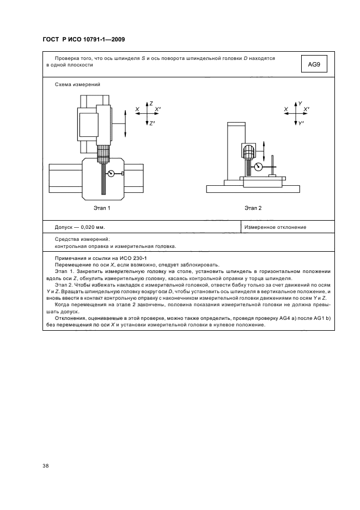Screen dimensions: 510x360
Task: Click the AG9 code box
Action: [x=314, y=64]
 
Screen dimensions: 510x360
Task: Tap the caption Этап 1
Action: [x=101, y=208]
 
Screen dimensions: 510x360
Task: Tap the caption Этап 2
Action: [x=253, y=208]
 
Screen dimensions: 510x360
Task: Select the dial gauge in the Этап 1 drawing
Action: [x=112, y=174]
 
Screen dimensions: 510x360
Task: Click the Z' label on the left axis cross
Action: [x=151, y=124]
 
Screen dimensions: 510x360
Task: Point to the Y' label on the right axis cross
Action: [x=300, y=124]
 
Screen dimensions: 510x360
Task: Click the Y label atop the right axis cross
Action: [x=300, y=103]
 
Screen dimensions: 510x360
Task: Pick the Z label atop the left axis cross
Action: [x=151, y=103]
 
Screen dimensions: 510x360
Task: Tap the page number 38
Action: [x=45, y=465]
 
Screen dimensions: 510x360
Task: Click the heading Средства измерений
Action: [x=82, y=239]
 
